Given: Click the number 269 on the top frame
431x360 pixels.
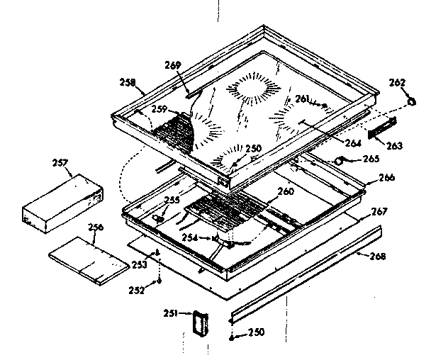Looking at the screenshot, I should click(174, 65).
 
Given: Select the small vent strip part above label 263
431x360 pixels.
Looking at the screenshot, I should click(383, 129).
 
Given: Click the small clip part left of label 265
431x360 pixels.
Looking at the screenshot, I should click(344, 162).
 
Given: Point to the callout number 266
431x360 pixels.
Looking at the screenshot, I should click(386, 178).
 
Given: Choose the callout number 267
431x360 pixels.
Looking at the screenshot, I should click(380, 210).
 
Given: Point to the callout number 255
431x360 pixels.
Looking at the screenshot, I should click(171, 200).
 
